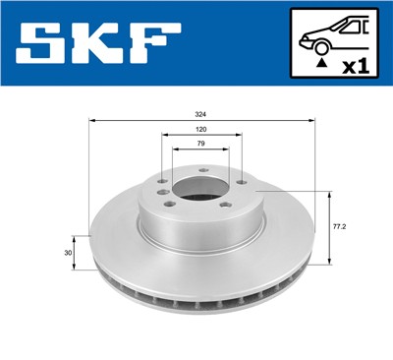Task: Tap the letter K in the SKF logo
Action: click(100, 46)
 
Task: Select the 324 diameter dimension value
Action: click(202, 114)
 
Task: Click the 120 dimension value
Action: click(200, 131)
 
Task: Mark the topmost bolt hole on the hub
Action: click(201, 171)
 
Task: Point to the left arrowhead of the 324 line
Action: click(91, 122)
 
